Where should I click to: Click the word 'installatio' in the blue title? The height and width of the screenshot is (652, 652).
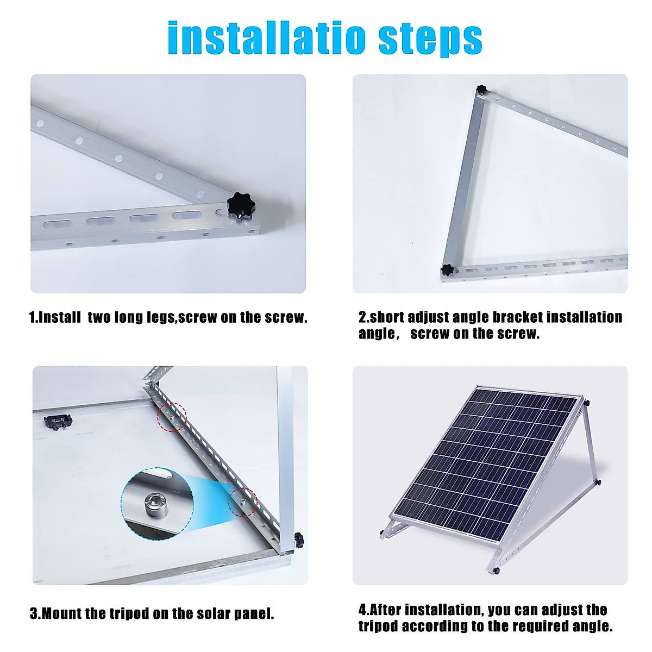click(266, 38)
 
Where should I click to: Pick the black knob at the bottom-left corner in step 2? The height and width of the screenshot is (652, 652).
click(447, 269)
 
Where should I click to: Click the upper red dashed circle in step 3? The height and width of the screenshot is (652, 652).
click(172, 417)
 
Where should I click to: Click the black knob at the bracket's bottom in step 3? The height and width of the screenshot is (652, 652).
click(298, 540)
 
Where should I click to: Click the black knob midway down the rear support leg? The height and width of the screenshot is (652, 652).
click(598, 482)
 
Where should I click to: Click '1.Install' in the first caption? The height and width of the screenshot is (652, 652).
click(55, 318)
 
